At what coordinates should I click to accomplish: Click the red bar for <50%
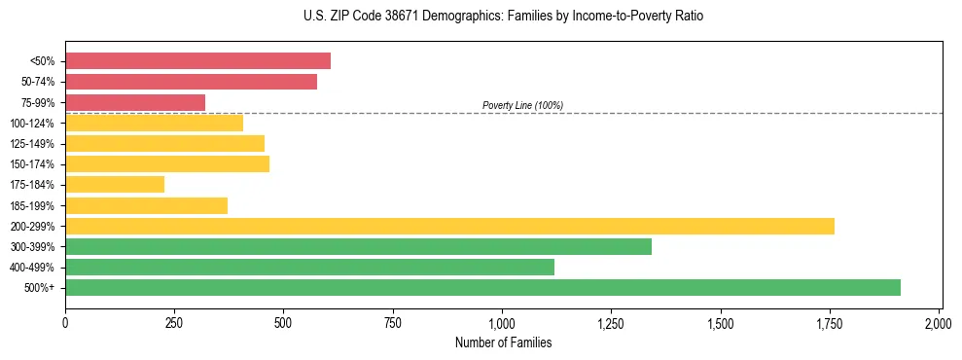(197, 61)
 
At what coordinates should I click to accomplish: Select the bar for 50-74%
(191, 82)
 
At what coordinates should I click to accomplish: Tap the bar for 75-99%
(135, 102)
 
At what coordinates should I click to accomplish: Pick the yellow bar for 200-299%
(449, 226)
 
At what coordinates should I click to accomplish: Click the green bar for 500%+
(482, 287)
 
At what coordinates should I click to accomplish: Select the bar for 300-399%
(358, 246)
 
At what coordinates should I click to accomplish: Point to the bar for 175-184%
(115, 185)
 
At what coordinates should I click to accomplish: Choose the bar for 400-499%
(309, 267)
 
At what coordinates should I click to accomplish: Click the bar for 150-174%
(167, 164)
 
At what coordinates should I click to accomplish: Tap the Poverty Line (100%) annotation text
(522, 105)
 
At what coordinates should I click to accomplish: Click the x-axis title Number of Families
(503, 342)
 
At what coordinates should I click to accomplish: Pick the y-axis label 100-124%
(32, 124)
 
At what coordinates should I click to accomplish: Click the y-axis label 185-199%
(32, 205)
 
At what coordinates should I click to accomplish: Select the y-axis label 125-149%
(32, 144)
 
